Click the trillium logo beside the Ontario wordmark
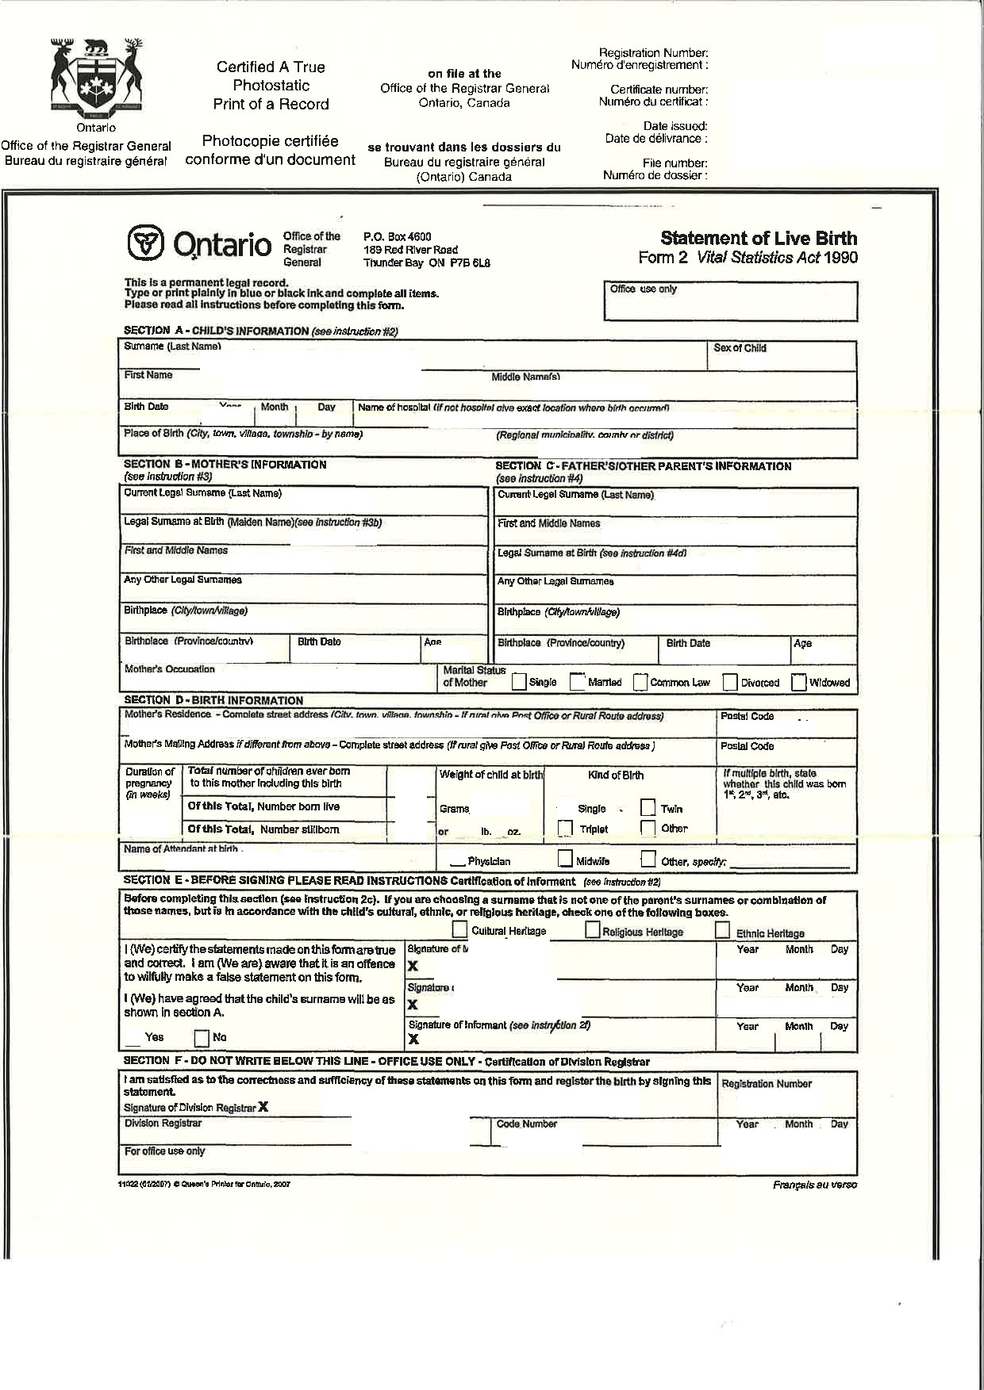click(x=145, y=243)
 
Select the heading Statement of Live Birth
click(x=758, y=238)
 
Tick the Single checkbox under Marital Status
click(x=519, y=682)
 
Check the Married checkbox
click(x=578, y=682)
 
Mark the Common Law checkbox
click(x=640, y=682)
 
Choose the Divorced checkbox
click(x=729, y=682)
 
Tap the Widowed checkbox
click(x=799, y=682)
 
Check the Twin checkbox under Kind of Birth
click(x=648, y=808)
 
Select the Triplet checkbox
click(x=565, y=828)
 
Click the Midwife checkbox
click(x=565, y=859)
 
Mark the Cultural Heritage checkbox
click(x=459, y=929)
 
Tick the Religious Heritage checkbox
click(x=592, y=930)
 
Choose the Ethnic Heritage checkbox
click(x=722, y=931)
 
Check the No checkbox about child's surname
click(x=202, y=1037)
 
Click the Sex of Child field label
click(x=740, y=348)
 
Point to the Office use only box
click(x=730, y=301)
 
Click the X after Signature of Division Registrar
click(x=263, y=1107)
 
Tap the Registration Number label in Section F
click(x=766, y=1084)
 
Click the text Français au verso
click(x=814, y=1185)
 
